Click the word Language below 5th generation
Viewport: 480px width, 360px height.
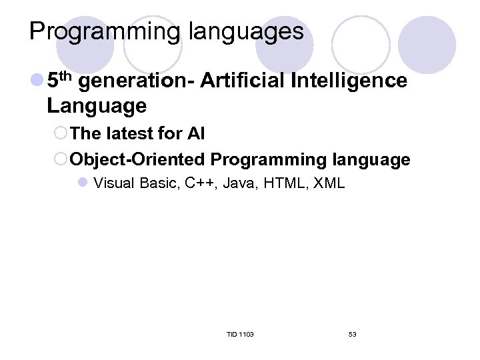click(x=97, y=105)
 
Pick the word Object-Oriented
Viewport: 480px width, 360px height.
click(x=138, y=160)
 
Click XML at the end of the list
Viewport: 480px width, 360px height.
click(x=328, y=183)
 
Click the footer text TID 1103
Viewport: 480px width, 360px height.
click(x=239, y=334)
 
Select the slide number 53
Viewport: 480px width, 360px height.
click(x=352, y=334)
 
